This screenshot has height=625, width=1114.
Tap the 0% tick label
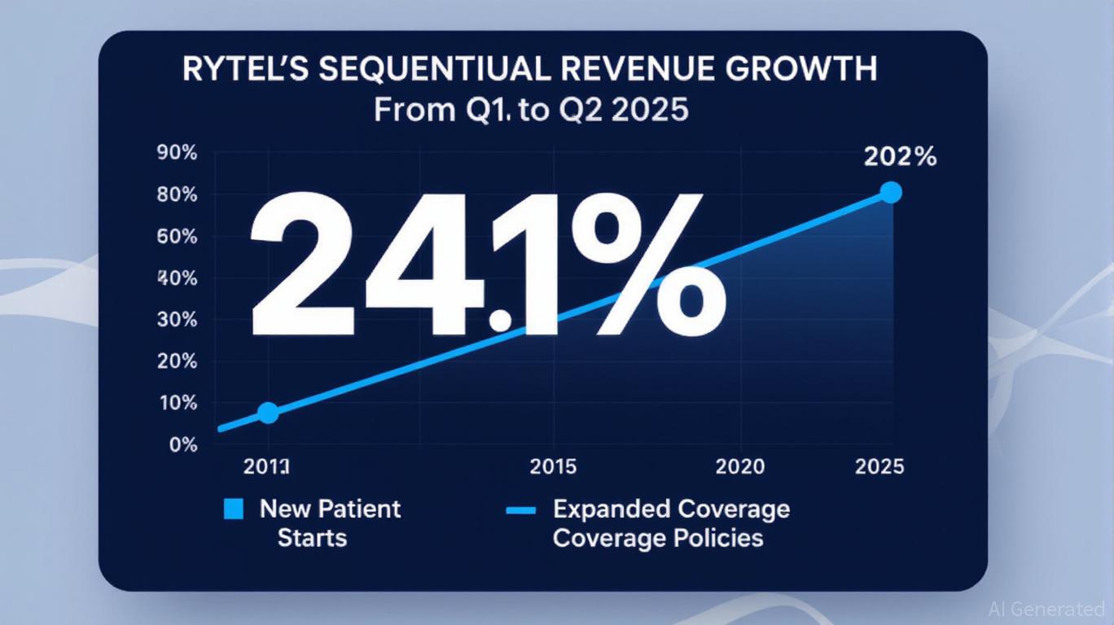click(x=183, y=445)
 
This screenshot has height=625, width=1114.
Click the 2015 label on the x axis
click(x=553, y=466)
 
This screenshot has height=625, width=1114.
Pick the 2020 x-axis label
click(x=739, y=466)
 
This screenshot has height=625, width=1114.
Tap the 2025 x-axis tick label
click(x=879, y=466)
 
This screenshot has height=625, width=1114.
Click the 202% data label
click(x=900, y=157)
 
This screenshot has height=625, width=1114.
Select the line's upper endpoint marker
click(x=891, y=193)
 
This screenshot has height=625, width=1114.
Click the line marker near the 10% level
click(x=268, y=413)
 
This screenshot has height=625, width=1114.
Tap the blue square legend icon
click(x=233, y=509)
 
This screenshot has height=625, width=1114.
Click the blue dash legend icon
click(x=520, y=511)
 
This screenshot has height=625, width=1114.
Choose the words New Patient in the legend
click(x=330, y=509)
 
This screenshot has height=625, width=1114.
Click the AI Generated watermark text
click(x=1046, y=609)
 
